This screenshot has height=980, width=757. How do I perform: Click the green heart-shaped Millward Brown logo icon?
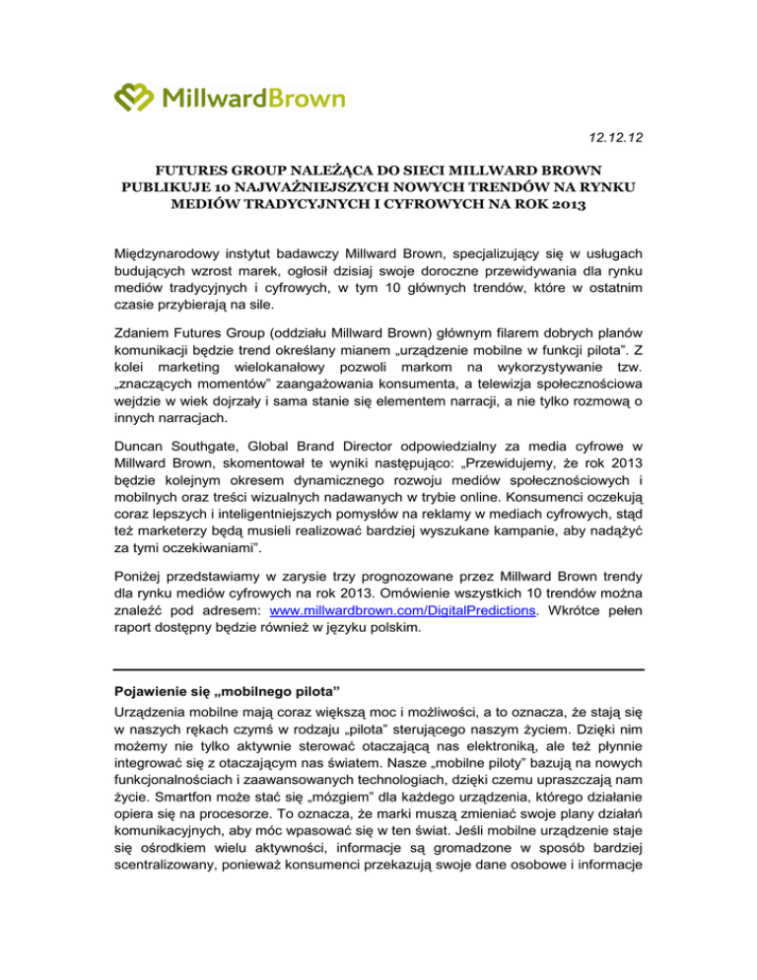[135, 98]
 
